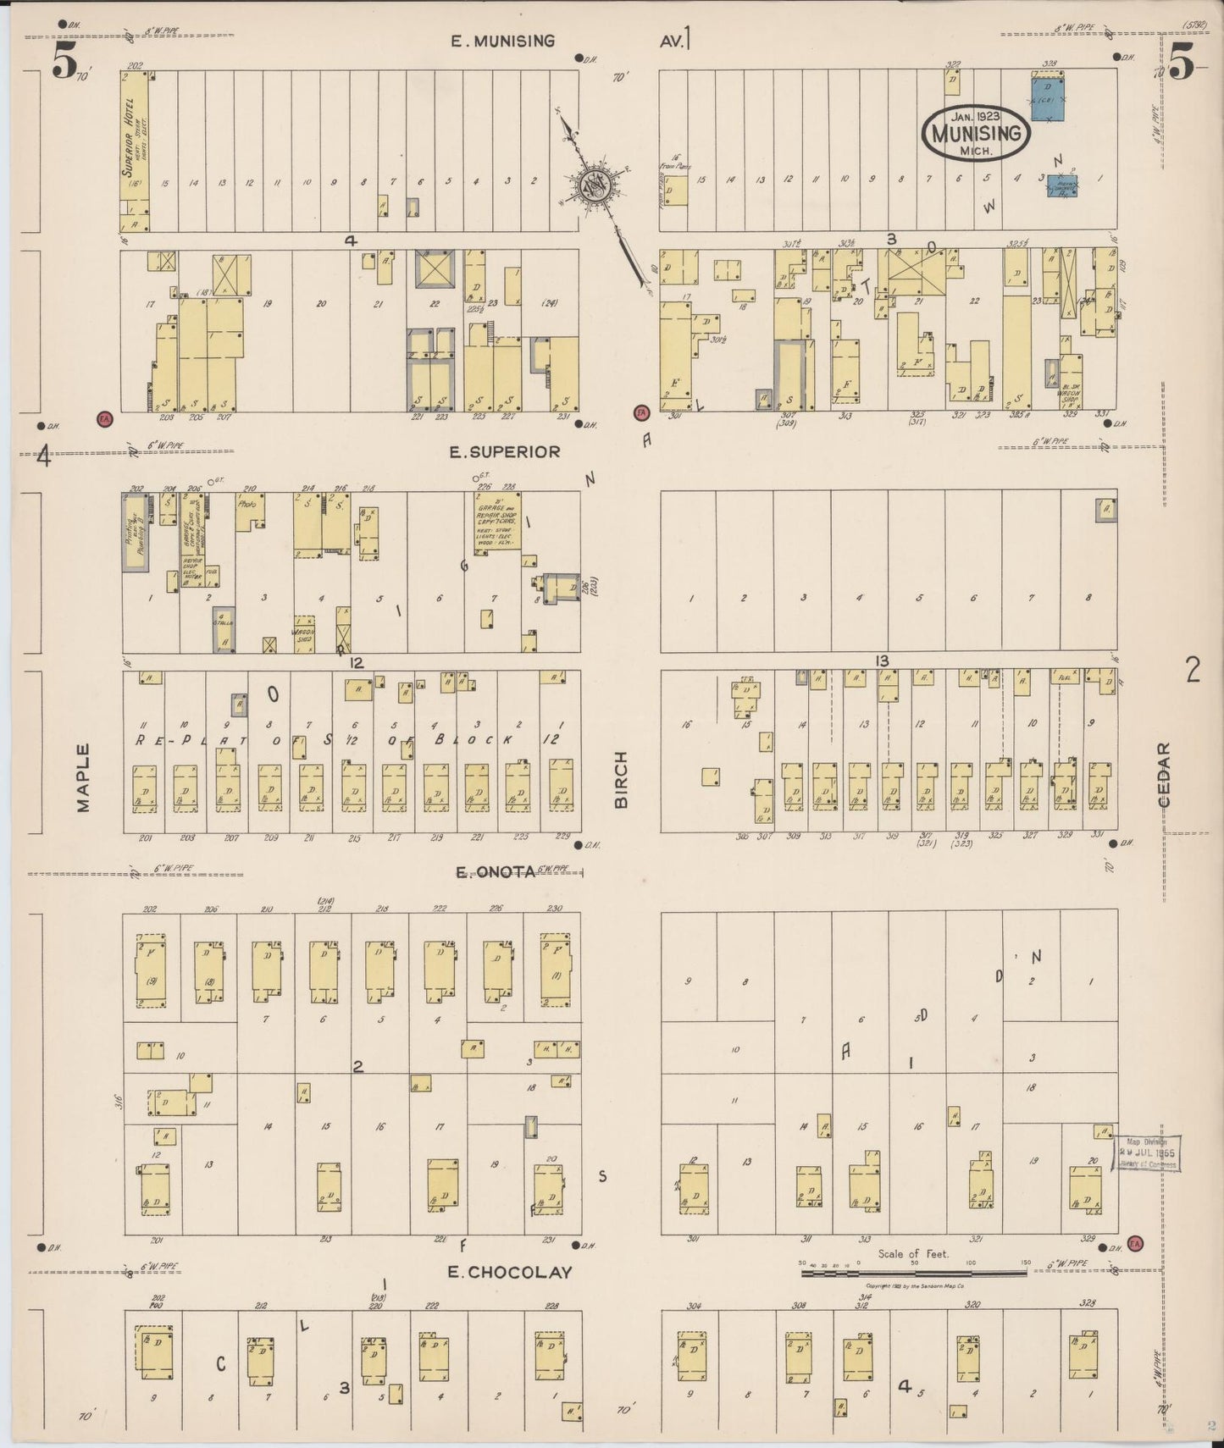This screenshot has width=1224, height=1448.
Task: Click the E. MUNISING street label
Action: pos(503,41)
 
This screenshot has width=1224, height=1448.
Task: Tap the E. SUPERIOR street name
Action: pos(504,452)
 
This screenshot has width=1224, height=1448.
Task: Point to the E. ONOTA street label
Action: pos(496,871)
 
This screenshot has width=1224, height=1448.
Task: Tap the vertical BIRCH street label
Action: pos(621,779)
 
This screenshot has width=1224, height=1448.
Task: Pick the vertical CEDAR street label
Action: pos(1164,775)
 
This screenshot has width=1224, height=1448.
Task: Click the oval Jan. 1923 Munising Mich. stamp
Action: pos(976,133)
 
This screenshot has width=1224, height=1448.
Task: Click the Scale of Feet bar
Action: pos(915,1271)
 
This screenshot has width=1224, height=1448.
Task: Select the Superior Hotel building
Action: pos(134,151)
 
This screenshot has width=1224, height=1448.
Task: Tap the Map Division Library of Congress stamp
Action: pos(1147,1153)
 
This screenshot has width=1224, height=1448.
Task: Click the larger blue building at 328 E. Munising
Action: pos(1047,97)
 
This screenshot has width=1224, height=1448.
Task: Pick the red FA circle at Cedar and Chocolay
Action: pos(1135,1243)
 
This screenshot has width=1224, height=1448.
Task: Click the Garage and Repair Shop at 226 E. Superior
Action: pos(497,522)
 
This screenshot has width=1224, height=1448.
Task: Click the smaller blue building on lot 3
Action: pos(1062,186)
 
